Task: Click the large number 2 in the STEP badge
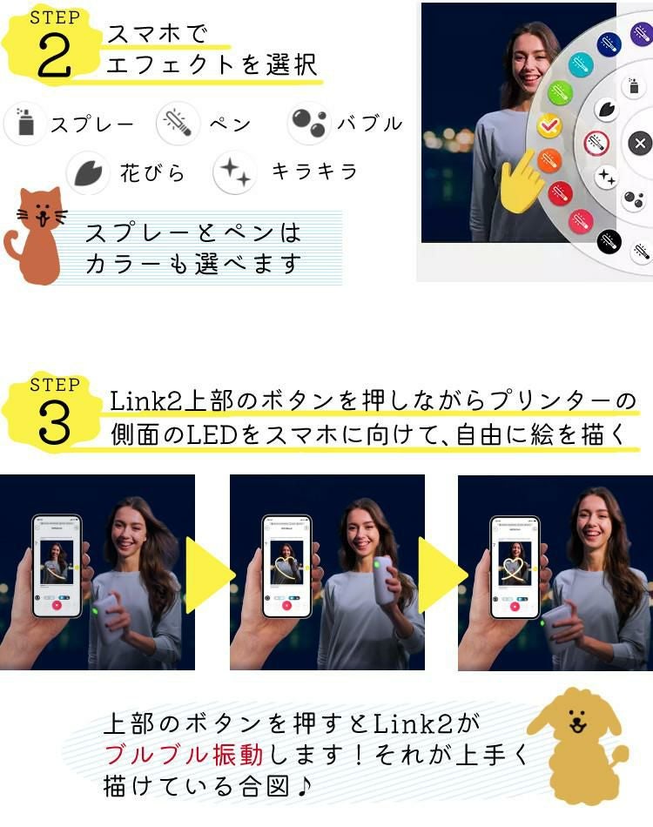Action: [54, 57]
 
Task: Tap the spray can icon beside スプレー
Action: [24, 124]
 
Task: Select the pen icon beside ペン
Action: [178, 124]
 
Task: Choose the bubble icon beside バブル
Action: [308, 124]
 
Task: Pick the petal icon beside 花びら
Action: [88, 172]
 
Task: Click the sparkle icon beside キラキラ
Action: [234, 172]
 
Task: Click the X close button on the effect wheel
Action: [640, 144]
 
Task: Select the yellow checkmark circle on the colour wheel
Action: [549, 126]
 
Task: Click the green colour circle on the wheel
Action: [560, 92]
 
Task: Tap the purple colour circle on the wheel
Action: [641, 35]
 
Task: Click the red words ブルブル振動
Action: [171, 754]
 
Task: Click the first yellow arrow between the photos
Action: [210, 574]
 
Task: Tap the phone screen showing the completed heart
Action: [515, 566]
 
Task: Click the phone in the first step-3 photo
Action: [57, 566]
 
